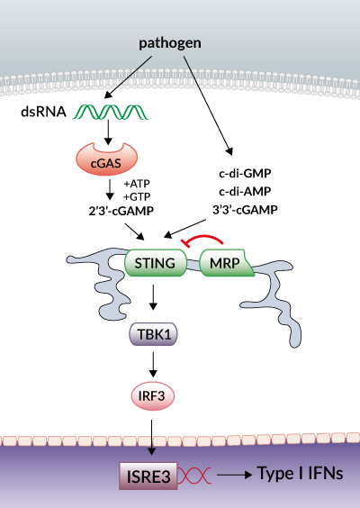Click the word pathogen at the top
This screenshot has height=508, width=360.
170,43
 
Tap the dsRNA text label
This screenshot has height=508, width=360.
44,112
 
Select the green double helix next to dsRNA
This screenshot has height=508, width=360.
111,112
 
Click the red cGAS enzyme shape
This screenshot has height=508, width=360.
107,159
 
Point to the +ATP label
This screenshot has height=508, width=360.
137,184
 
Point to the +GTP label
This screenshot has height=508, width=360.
137,196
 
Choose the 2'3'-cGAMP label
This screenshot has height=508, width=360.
121,211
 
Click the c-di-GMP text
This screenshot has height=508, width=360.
245,174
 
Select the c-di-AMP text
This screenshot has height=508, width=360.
245,192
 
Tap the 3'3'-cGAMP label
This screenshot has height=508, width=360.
245,210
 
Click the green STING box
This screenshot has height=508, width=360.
156,263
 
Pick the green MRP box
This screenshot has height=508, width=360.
227,263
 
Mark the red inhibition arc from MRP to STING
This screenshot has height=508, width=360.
204,237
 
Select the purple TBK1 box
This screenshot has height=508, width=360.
154,334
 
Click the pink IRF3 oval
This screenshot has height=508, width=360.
152,396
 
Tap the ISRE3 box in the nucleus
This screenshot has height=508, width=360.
148,476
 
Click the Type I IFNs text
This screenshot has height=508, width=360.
300,474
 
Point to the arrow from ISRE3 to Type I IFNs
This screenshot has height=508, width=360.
234,475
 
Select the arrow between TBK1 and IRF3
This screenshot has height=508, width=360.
153,365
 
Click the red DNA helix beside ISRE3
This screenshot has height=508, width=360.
194,476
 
